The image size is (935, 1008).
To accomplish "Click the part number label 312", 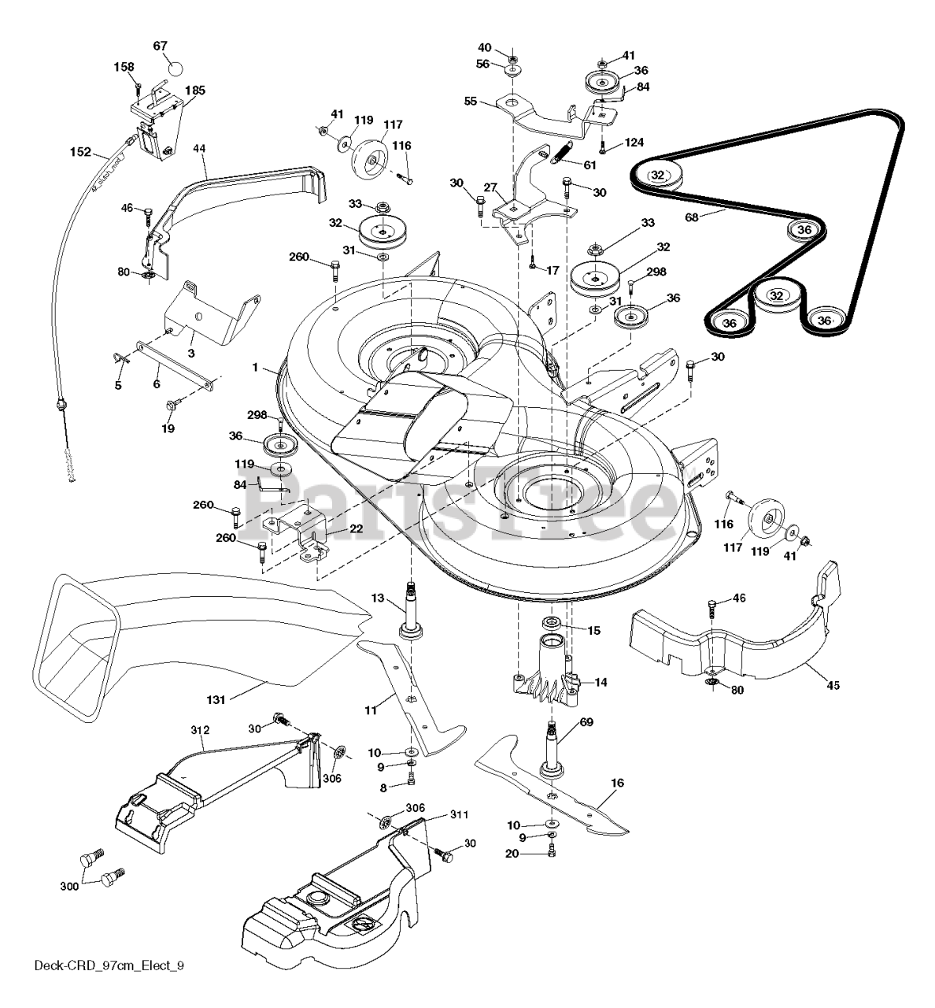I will tap(201, 730).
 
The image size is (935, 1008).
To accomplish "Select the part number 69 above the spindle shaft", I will tap(586, 721).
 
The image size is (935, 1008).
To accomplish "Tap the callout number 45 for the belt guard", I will tap(833, 685).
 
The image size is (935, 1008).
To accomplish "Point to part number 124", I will tap(634, 143).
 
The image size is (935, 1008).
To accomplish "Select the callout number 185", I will tap(195, 91).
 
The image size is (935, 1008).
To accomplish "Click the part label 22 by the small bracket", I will tap(356, 528).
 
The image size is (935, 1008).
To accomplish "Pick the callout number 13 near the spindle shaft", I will tap(378, 598).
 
